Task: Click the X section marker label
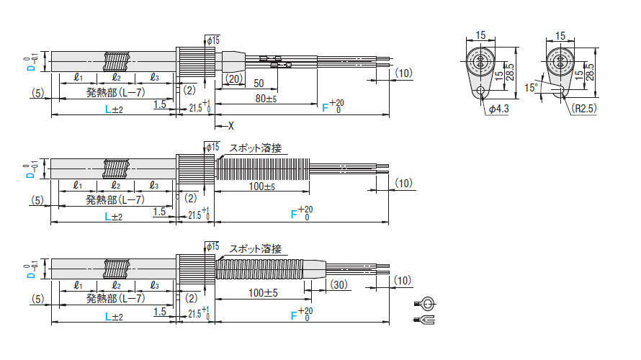[231, 126]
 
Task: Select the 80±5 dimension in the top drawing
[266, 99]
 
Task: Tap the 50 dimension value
[259, 84]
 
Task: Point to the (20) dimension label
[234, 78]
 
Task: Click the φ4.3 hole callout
[498, 109]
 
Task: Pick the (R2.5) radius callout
[585, 108]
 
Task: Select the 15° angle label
[532, 87]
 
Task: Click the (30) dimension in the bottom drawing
[339, 284]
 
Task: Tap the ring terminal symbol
[425, 304]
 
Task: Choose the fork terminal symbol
[424, 320]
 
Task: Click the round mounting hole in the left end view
[481, 90]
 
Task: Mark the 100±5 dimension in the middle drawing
[262, 186]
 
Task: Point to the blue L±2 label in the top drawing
[114, 109]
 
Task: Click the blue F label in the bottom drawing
[294, 315]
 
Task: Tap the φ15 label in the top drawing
[213, 40]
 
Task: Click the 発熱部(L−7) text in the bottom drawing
[116, 298]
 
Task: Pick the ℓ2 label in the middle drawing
[116, 186]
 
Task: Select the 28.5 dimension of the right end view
[590, 72]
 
